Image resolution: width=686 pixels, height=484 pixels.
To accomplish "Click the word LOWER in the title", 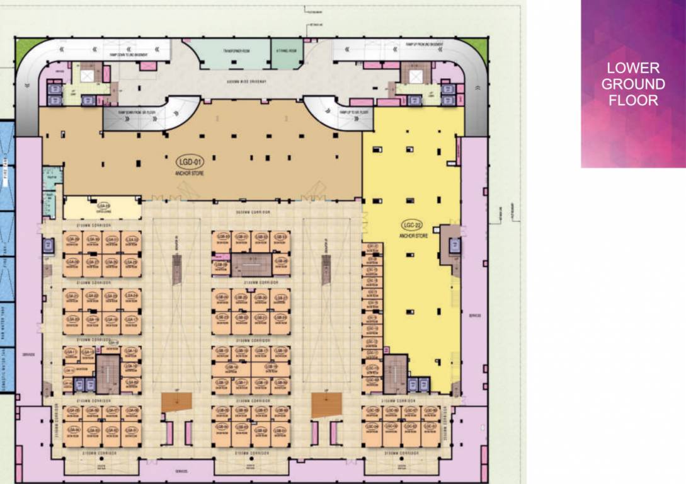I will pyautogui.click(x=633, y=68).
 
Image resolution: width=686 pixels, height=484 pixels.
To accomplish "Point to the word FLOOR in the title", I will pyautogui.click(x=633, y=100).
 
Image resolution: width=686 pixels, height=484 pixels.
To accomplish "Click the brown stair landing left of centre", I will pyautogui.click(x=176, y=401).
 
